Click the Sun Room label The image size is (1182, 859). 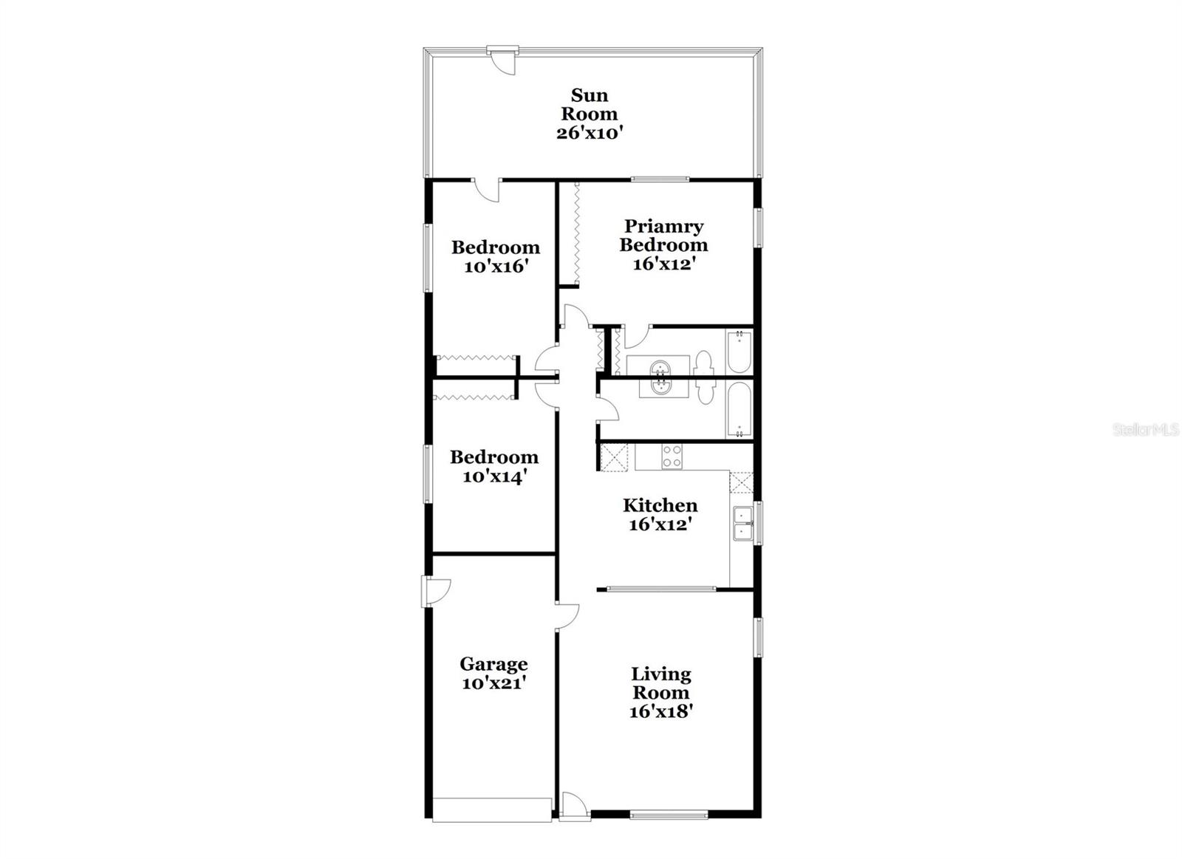589,104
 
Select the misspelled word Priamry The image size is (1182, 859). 663,226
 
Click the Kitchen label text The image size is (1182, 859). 660,505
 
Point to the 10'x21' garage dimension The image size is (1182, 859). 493,683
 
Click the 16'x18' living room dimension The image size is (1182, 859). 661,711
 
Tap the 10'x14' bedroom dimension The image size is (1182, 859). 493,477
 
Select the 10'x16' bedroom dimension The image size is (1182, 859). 495,267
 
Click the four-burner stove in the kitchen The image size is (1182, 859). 672,456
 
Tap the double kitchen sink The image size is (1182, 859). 742,523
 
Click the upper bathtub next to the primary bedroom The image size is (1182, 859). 739,352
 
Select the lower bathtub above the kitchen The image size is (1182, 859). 739,409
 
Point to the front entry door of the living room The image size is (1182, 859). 573,804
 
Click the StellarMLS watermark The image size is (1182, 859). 1146,429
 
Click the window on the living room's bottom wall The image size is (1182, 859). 669,815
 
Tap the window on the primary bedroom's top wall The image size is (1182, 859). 660,179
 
